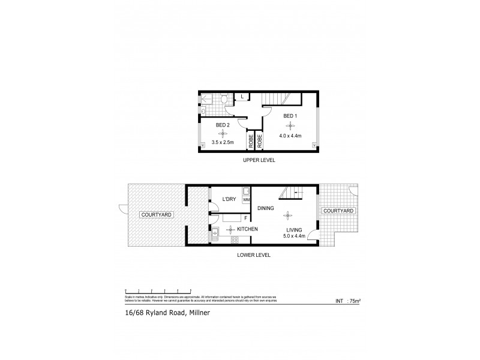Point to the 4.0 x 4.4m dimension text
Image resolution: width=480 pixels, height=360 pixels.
[x=290, y=136]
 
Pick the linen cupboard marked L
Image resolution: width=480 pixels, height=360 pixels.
[x=242, y=97]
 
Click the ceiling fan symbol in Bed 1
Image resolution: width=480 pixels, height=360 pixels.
[x=290, y=126]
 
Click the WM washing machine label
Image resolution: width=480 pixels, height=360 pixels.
[x=246, y=199]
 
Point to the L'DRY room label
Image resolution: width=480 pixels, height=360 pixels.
[x=229, y=199]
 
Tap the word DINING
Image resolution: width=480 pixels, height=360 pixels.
[x=266, y=208]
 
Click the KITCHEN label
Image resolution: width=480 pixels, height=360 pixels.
[x=247, y=229]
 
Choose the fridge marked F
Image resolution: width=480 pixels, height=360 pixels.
[x=245, y=218]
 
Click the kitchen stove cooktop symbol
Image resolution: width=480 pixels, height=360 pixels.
[x=235, y=241]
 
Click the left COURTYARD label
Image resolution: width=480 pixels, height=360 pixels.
[x=155, y=214]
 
